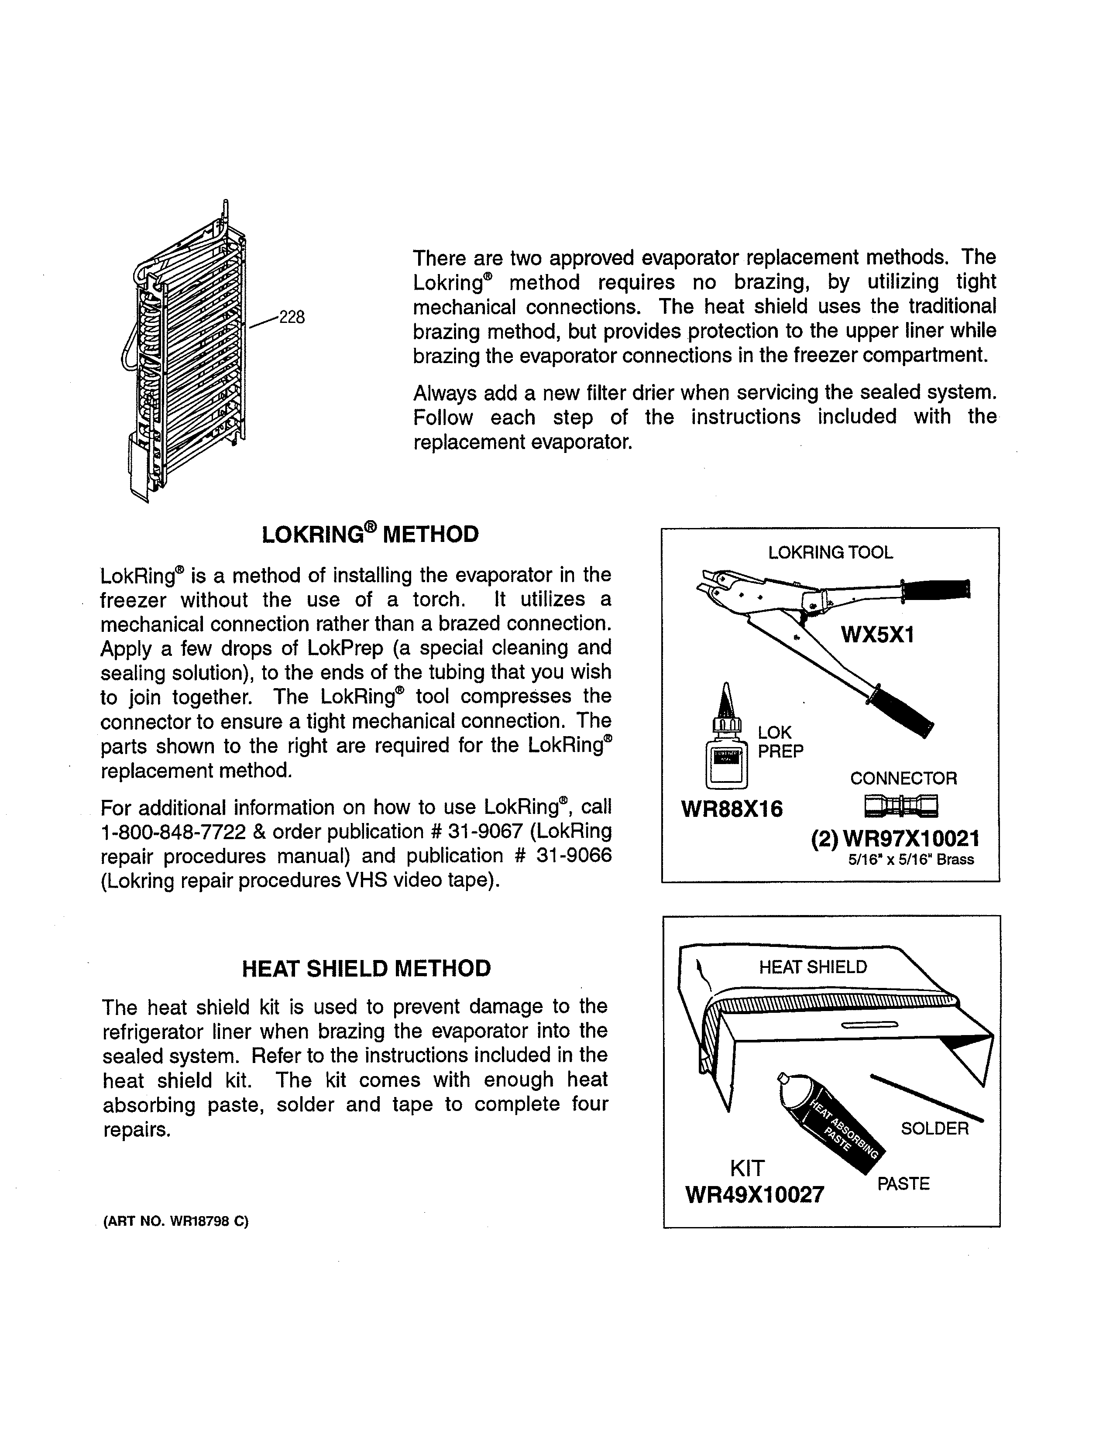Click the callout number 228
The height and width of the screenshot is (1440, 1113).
click(292, 318)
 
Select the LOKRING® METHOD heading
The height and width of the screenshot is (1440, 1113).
click(370, 534)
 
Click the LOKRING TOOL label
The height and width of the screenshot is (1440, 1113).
click(830, 552)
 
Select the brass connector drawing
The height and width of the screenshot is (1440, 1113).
click(901, 805)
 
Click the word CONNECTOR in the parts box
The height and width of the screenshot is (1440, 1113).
click(903, 778)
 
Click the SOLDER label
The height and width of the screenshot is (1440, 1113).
click(934, 1129)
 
